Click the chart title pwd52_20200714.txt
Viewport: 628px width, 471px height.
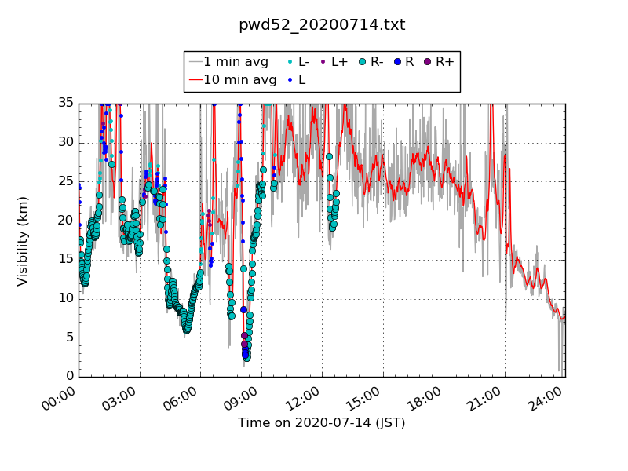(x=322, y=25)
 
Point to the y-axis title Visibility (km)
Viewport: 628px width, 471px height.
(x=24, y=240)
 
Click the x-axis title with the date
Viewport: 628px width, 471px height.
(x=322, y=423)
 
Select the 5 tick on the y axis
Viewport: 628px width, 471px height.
(x=68, y=338)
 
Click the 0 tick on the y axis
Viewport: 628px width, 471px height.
(x=68, y=377)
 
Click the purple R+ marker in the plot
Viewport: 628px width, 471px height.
(x=244, y=336)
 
